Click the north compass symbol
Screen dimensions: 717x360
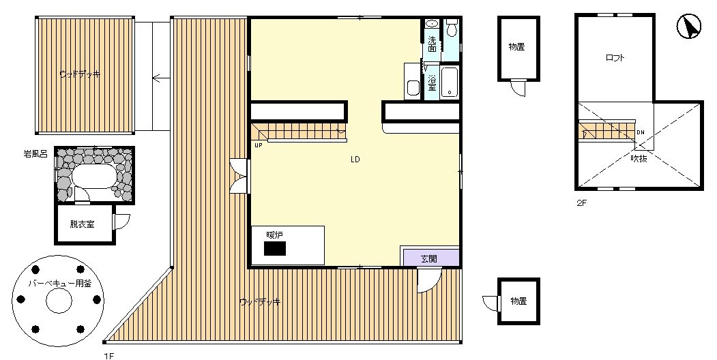tap(688, 27)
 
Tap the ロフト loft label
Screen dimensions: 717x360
tap(615, 58)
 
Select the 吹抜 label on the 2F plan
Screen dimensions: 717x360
tap(639, 159)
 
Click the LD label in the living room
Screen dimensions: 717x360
tap(355, 160)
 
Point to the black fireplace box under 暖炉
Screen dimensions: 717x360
tap(275, 249)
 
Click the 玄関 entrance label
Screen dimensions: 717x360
tap(428, 259)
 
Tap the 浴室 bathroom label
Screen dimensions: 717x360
tap(432, 82)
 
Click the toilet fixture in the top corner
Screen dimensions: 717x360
tap(452, 27)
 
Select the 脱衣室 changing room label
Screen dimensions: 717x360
tap(83, 224)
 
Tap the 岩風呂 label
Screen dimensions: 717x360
tap(35, 154)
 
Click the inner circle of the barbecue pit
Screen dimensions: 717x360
tap(59, 300)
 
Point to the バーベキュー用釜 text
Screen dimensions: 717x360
tap(60, 284)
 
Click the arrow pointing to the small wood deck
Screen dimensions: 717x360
tap(161, 78)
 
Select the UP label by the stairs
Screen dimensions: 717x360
tap(259, 145)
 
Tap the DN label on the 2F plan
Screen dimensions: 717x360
tap(641, 132)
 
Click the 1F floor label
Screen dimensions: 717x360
tap(108, 356)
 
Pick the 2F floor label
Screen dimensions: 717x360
tap(581, 204)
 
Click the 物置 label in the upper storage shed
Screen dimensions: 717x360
tap(516, 46)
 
